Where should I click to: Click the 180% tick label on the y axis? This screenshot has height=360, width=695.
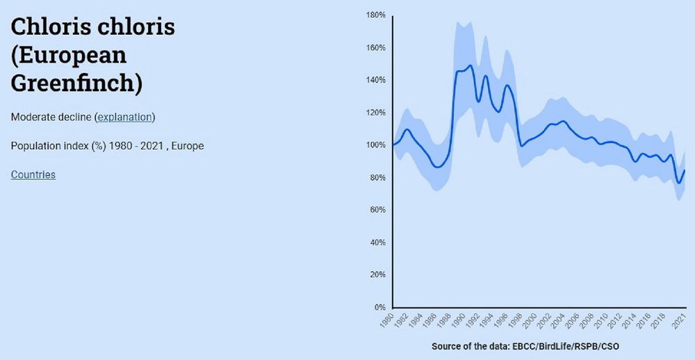[376, 15]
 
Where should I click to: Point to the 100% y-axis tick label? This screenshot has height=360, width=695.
[376, 145]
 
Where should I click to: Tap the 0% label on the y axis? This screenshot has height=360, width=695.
[380, 307]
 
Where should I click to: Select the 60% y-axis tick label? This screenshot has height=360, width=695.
[378, 210]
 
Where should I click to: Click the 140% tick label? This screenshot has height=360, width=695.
[376, 80]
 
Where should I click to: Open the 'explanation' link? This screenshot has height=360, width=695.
[124, 117]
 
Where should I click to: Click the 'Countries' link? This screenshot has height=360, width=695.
[33, 174]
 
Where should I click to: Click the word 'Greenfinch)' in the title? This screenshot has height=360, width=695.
[76, 83]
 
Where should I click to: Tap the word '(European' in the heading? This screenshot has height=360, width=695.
[69, 56]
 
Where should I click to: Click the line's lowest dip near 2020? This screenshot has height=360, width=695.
[679, 183]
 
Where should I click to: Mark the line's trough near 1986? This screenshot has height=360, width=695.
[436, 167]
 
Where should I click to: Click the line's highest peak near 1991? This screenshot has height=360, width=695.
[471, 66]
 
